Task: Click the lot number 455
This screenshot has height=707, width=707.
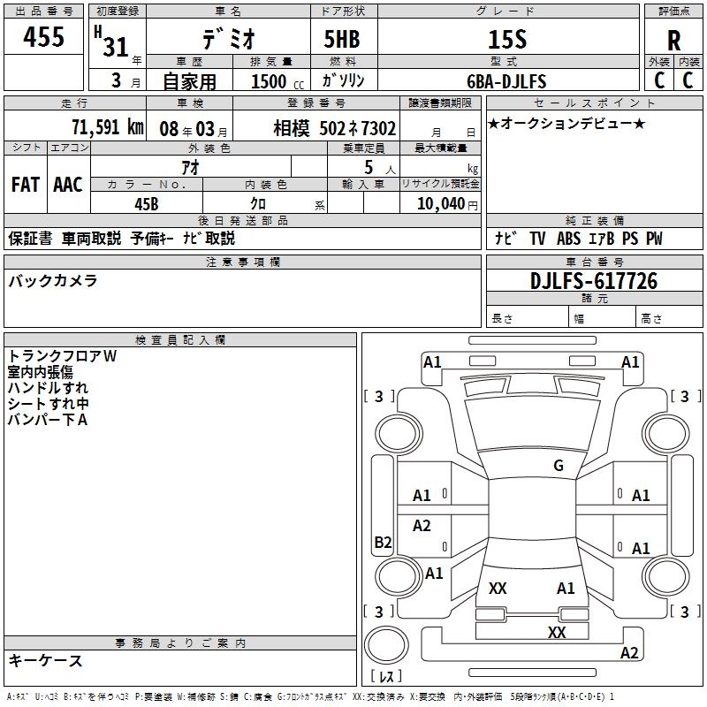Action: [x=44, y=38]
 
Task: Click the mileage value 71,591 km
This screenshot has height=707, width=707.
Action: [x=107, y=127]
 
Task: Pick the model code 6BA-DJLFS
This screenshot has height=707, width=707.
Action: [x=506, y=81]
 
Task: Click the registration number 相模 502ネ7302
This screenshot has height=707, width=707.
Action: [x=334, y=128]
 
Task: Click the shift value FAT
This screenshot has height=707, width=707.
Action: [x=26, y=184]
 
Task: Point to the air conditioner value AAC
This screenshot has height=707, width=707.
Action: [x=68, y=184]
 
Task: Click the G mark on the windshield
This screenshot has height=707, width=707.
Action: [x=558, y=465]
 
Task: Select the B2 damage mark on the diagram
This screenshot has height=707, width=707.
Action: [x=383, y=543]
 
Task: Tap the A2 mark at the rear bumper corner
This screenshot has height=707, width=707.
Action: [x=629, y=653]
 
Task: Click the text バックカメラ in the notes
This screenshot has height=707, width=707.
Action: [x=53, y=281]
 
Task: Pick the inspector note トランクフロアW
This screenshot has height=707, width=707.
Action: [x=62, y=356]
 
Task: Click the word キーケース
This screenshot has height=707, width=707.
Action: [x=46, y=660]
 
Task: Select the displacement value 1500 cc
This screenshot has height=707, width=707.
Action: [x=273, y=81]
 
